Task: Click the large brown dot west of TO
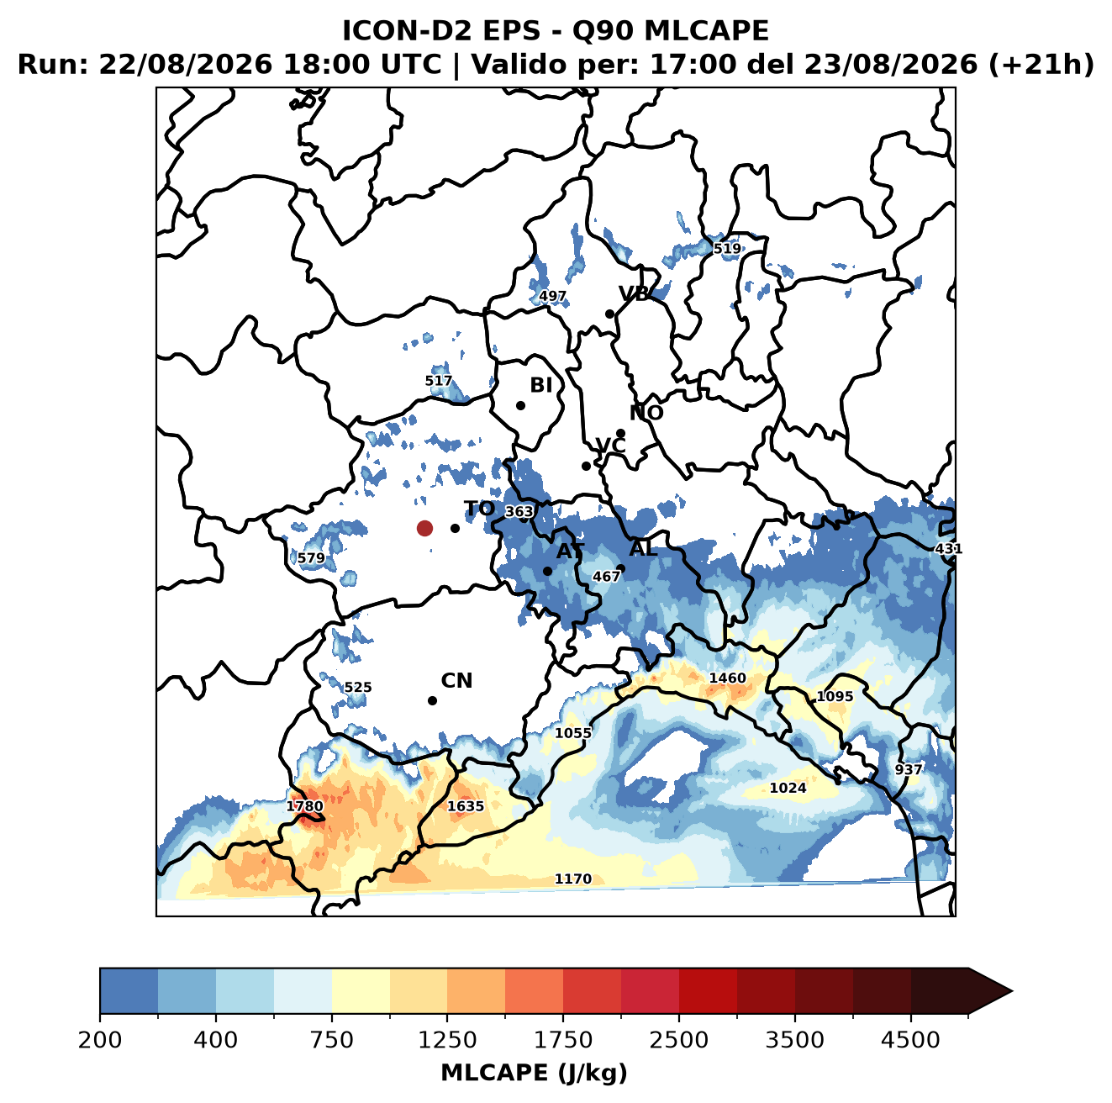[424, 528]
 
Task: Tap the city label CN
[456, 681]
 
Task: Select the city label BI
[540, 385]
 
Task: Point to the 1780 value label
[305, 805]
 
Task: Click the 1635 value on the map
[466, 805]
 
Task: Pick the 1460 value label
[727, 678]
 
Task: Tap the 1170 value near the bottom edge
[573, 879]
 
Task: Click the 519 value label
[727, 249]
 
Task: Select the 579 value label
[311, 558]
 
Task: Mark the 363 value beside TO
[519, 511]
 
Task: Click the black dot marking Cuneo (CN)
[432, 700]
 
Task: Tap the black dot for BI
[520, 406]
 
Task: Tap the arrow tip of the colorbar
[1012, 991]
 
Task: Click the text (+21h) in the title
[1041, 65]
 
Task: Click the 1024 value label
[788, 788]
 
